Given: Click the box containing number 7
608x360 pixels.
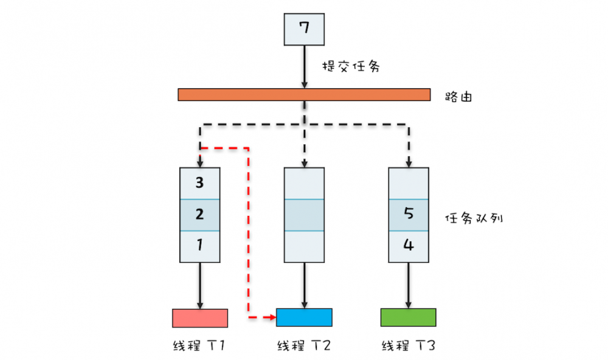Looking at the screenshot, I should coord(305,29).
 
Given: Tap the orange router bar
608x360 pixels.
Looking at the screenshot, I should coord(304,95).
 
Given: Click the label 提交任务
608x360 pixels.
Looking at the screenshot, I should coord(351,67).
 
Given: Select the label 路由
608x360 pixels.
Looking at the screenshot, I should coord(460,96).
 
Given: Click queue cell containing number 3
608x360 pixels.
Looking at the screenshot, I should coord(200,183).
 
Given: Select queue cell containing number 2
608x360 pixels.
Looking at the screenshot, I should coord(200,215).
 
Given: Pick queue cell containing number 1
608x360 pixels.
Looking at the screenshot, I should coord(200,246).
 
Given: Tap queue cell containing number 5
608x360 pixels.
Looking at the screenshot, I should coord(408,215).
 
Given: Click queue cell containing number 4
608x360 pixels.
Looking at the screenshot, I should coord(408,246).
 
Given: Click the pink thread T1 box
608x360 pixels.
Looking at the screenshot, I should coord(200,317).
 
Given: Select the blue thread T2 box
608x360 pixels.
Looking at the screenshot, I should coord(304,317).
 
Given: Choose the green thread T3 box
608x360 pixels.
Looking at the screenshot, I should coord(408,317).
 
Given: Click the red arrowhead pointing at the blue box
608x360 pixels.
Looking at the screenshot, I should coord(272,317).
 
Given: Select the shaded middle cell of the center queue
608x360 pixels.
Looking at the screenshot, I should coord(304,215).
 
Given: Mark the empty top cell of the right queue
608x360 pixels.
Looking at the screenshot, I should coord(408,183).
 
